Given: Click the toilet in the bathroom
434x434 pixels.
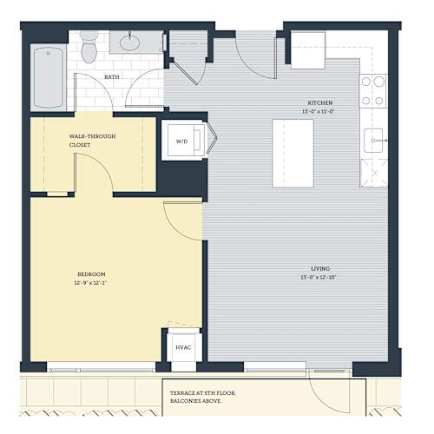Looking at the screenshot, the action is pos(89,47).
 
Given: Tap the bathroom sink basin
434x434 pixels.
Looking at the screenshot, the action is pos(129,43).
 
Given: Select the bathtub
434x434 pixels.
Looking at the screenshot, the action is pos(49,77).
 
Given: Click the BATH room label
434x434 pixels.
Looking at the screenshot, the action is pos(112,77).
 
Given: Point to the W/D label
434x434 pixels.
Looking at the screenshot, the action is pos(181,141).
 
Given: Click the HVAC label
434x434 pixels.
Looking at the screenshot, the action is pos(183,347).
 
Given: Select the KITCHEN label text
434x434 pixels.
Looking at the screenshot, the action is pos(320,102).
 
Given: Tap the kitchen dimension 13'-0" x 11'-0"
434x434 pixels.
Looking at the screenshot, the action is pos(319,111).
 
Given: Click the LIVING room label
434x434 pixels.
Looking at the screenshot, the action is pos(320,268).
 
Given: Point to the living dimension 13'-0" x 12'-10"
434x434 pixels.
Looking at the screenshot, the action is pos(319,277).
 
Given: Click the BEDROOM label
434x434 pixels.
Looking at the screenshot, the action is pos(91,274).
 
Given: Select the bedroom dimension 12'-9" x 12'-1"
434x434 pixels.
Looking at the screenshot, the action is pos(90,283).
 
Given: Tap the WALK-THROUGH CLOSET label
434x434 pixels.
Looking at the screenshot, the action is pos(92,141).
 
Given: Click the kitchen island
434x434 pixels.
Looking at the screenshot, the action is pos(293,154).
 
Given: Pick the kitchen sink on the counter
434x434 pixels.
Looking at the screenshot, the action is pos(373,141).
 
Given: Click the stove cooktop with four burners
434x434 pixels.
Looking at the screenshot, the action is pos(373,91).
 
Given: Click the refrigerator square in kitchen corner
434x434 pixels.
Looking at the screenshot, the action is pos(308,50).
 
